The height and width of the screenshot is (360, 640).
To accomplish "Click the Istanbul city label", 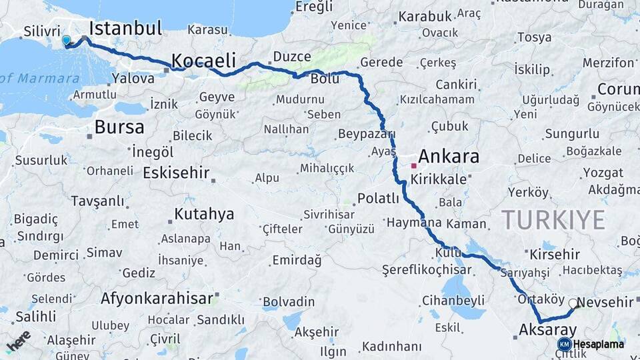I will tap(125, 28).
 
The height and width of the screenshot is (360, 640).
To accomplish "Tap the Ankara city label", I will tap(449, 157).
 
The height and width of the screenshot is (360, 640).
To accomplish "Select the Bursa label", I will tap(119, 127).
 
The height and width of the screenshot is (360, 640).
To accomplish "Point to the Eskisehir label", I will tap(176, 173).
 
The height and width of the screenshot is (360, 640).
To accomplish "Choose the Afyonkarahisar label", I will tap(157, 298).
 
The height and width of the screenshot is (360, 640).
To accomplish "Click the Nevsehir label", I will tap(605, 303).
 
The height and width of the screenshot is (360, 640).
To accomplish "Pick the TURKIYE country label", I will tap(553, 220).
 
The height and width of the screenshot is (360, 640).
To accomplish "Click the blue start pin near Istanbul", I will tap(66, 41).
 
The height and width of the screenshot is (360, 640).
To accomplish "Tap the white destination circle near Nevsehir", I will tap(573, 303).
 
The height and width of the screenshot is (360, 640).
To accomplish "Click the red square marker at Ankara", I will tap(414, 165).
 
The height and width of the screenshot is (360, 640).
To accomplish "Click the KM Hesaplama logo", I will tap(591, 344).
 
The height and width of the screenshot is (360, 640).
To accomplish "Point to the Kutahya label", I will tap(204, 214).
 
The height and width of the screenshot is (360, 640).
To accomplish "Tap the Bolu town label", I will tap(325, 79).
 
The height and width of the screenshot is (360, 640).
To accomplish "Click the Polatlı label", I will tap(378, 198).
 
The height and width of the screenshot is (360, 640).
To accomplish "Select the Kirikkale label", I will tap(437, 180).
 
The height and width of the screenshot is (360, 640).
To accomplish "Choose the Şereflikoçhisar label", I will tap(427, 270).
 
